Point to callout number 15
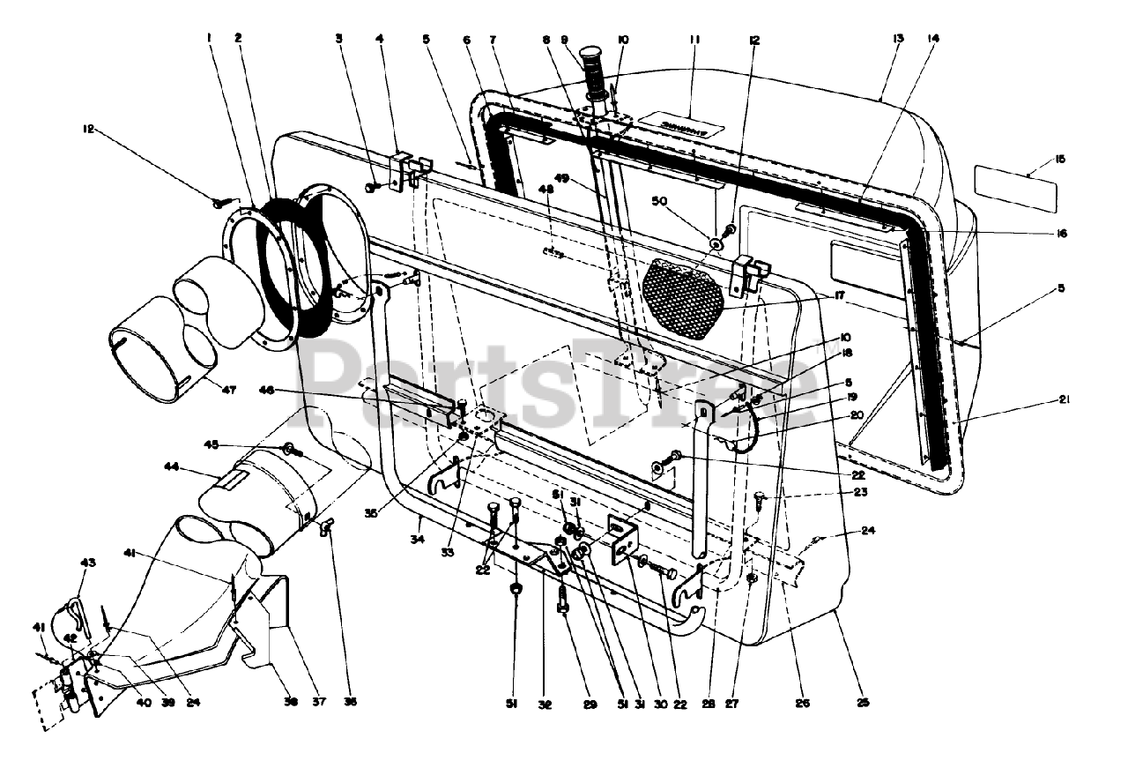1059,159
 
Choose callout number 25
863,703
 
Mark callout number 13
898,39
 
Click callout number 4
380,39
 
